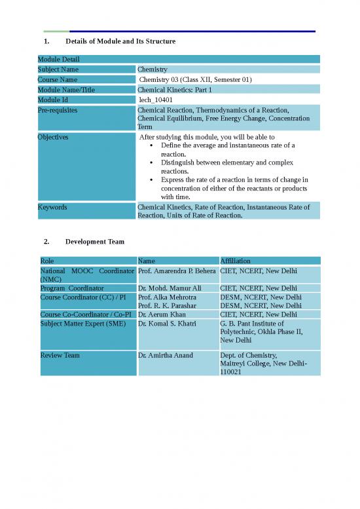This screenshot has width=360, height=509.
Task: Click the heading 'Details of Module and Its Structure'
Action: pyautogui.click(x=120, y=41)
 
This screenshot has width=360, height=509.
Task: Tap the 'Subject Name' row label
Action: pyautogui.click(x=58, y=69)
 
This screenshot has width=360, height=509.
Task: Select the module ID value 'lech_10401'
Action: pyautogui.click(x=155, y=100)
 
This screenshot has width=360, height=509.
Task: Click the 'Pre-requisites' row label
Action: pyautogui.click(x=58, y=110)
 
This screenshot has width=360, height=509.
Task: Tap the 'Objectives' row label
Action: pyautogui.click(x=53, y=138)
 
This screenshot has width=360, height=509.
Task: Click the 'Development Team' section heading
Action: pyautogui.click(x=94, y=242)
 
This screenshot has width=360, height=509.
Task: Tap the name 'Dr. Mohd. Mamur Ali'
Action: pyautogui.click(x=170, y=288)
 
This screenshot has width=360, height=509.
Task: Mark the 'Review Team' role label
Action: pyautogui.click(x=60, y=355)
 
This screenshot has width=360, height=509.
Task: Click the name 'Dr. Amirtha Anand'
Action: pyautogui.click(x=166, y=355)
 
